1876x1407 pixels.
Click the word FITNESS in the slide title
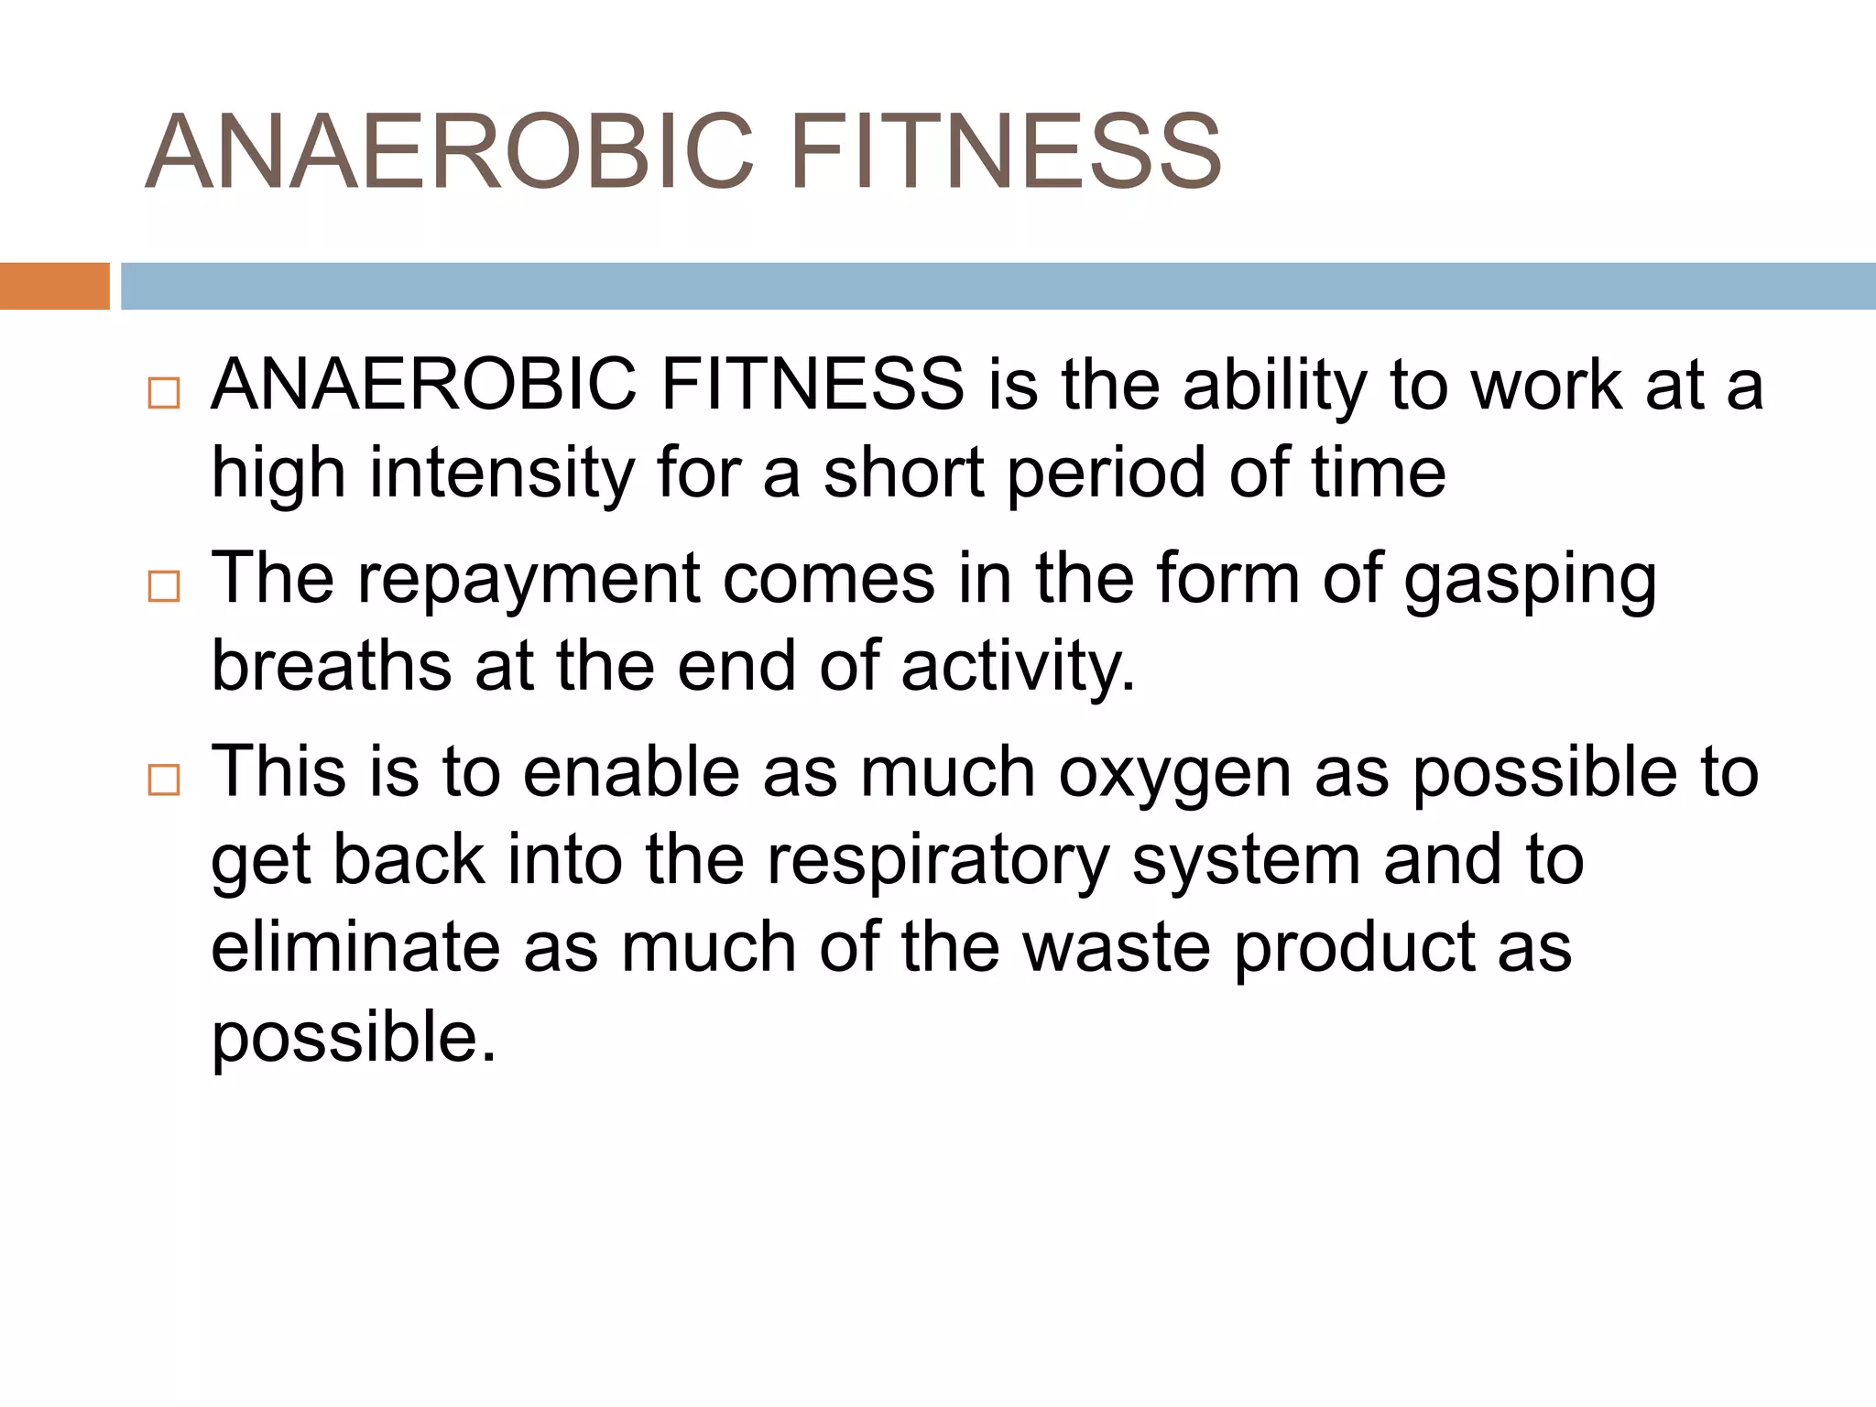pyautogui.click(x=1005, y=152)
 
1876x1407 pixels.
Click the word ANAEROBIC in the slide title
pyautogui.click(x=449, y=152)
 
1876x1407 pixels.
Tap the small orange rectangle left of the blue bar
pyautogui.click(x=54, y=286)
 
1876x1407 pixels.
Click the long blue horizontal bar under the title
pyautogui.click(x=998, y=286)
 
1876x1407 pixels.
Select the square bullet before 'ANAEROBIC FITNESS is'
pyautogui.click(x=164, y=393)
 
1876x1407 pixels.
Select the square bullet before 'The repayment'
pyautogui.click(x=164, y=586)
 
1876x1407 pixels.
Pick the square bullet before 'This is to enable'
pyautogui.click(x=164, y=780)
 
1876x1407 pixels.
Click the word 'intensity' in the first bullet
pyautogui.click(x=502, y=474)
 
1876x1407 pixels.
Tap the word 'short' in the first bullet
pyautogui.click(x=903, y=474)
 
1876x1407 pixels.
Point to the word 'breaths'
pyautogui.click(x=331, y=666)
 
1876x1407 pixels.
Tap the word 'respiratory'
pyautogui.click(x=937, y=862)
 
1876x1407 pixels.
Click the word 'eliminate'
pyautogui.click(x=355, y=948)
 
